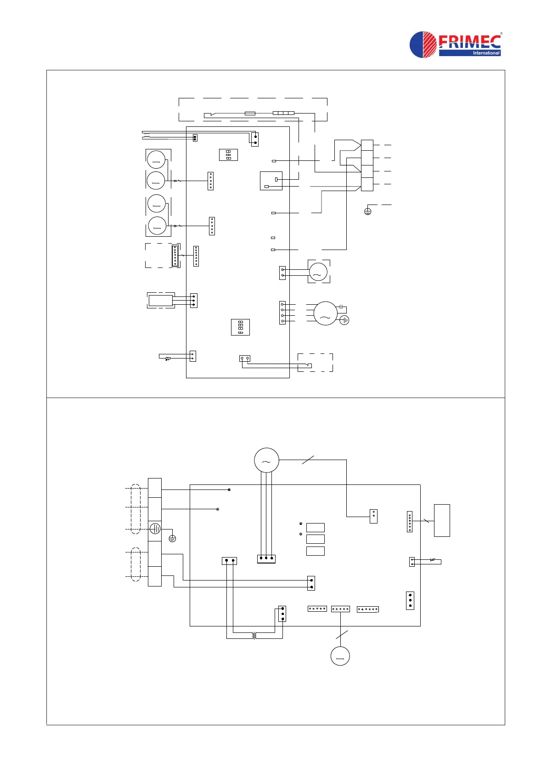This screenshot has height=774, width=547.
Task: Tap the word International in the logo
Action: (486, 53)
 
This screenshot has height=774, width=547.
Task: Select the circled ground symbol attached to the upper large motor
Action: (344, 320)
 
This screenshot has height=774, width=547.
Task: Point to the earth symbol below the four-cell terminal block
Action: (367, 211)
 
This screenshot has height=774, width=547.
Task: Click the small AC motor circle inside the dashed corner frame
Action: (318, 272)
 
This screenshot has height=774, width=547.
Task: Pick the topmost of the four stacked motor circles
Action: (156, 159)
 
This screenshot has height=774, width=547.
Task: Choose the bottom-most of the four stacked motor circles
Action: (157, 226)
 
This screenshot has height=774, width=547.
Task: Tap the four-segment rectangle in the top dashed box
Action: (283, 113)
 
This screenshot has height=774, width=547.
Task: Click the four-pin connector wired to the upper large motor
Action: (282, 313)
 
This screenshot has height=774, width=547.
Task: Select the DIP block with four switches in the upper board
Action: (240, 327)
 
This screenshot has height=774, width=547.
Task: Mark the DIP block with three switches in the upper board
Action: (228, 154)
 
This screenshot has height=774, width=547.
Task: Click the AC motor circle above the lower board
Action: (266, 460)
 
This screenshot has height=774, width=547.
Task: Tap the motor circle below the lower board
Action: (340, 656)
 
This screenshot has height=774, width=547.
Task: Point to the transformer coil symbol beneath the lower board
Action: (254, 636)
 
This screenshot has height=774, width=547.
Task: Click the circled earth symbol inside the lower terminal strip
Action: (155, 529)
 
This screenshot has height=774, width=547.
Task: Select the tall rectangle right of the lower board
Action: (442, 520)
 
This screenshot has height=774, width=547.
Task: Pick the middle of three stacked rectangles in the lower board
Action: (315, 539)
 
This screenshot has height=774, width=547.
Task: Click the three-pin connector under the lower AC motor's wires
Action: (266, 559)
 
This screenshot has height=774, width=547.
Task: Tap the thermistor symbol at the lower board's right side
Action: (432, 560)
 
